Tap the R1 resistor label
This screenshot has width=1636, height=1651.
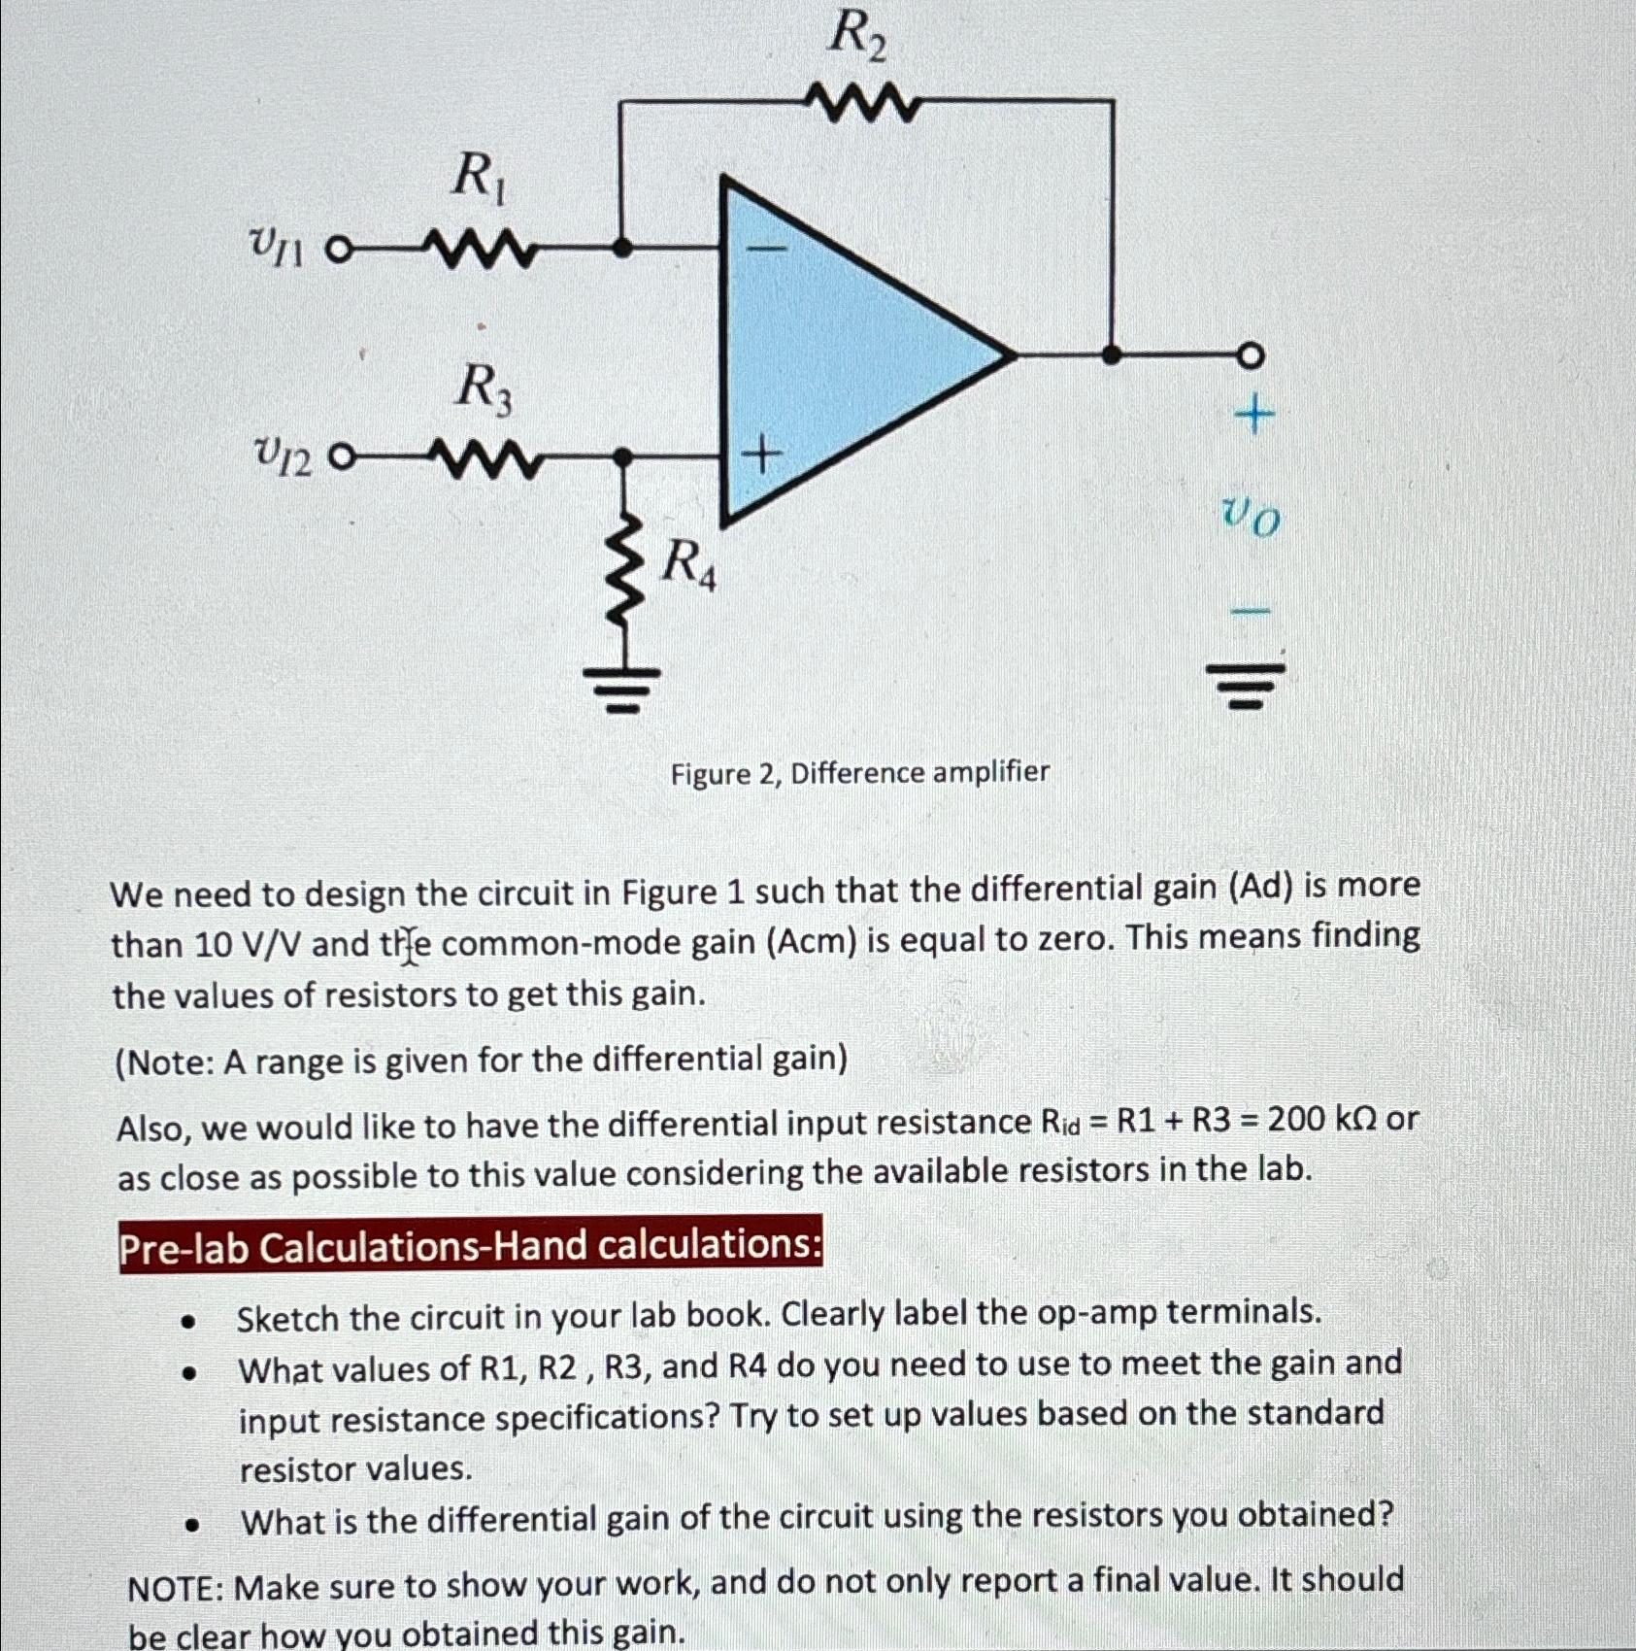pos(478,180)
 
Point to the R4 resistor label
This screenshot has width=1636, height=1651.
pos(688,565)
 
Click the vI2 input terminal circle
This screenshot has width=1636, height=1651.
pos(337,456)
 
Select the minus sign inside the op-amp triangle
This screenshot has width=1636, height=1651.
pos(767,250)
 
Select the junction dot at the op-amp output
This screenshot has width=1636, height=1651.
pos(1113,354)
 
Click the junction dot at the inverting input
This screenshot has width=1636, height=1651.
pos(624,250)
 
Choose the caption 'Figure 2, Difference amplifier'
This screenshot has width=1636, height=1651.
pos(860,774)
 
